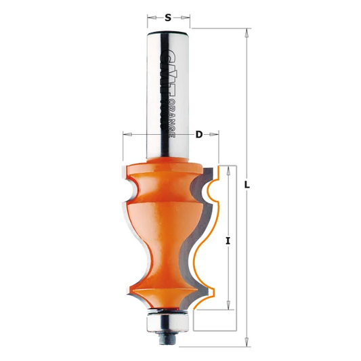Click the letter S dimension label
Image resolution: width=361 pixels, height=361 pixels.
(167, 18)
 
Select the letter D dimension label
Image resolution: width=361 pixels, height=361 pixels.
(199, 135)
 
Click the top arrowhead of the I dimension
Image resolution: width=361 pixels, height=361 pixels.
(230, 167)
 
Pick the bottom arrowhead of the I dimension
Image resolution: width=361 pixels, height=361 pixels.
(230, 307)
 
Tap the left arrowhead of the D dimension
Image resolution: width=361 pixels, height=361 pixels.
(126, 135)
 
